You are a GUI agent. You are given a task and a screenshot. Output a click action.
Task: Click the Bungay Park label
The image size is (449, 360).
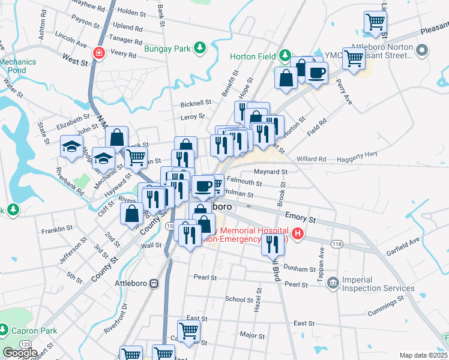(166, 47)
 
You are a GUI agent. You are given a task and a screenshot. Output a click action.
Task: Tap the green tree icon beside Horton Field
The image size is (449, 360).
(287, 56)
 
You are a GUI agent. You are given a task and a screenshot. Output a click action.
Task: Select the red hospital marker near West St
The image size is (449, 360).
(98, 53)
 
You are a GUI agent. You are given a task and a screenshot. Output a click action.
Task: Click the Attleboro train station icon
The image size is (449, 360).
(154, 283)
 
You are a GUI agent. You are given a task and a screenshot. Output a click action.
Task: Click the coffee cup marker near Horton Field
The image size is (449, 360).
(316, 73)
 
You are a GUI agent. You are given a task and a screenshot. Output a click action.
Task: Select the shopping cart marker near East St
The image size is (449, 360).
(188, 329)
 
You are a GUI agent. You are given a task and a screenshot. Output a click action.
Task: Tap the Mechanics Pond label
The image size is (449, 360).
(18, 65)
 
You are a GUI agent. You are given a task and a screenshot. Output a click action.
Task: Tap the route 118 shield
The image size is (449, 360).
(337, 244)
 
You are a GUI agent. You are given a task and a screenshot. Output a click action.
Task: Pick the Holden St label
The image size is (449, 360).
(128, 11)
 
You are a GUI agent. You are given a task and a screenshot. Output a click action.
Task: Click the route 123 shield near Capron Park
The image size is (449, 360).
(26, 344)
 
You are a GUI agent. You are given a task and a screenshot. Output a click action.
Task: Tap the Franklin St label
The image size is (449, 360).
(57, 229)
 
